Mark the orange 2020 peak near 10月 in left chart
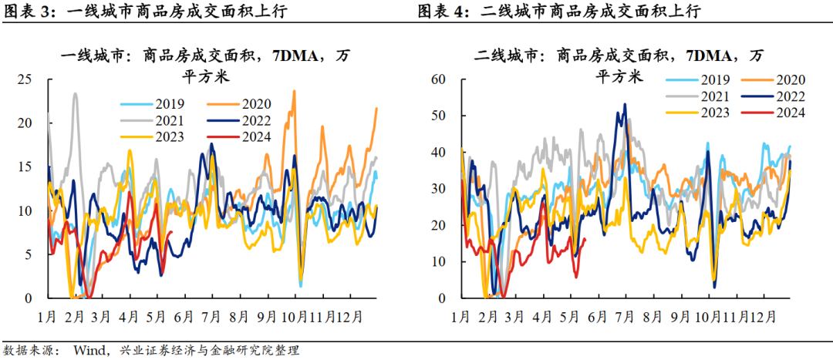[294, 91]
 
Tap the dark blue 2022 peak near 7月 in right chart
[624, 104]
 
